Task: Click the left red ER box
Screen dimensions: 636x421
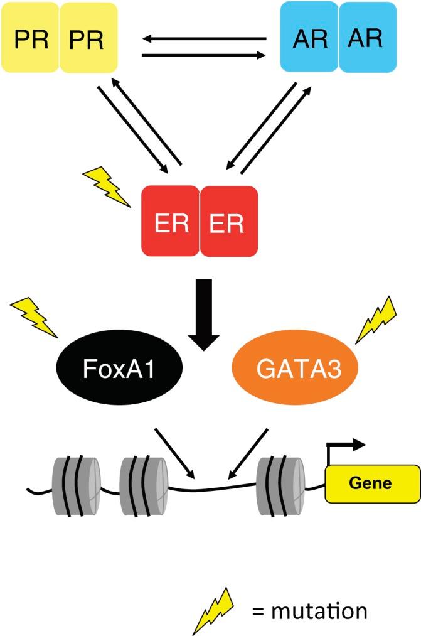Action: [170, 221]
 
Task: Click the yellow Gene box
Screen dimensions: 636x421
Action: [371, 483]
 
